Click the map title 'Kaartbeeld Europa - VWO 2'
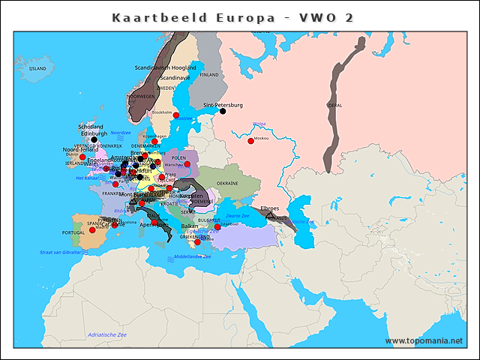click(232, 17)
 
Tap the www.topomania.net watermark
click(424, 340)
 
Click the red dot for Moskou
click(250, 140)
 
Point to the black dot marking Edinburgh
click(94, 139)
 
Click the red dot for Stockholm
click(176, 115)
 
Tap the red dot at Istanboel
click(217, 226)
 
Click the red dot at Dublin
click(82, 157)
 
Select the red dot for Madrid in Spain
click(92, 229)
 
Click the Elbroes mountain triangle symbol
click(270, 215)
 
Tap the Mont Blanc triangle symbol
click(133, 201)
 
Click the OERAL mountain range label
click(334, 105)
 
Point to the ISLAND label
click(37, 68)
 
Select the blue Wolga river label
click(259, 124)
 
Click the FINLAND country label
click(209, 75)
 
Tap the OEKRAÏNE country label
click(227, 183)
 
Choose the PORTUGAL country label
click(73, 233)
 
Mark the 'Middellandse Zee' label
click(193, 256)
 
